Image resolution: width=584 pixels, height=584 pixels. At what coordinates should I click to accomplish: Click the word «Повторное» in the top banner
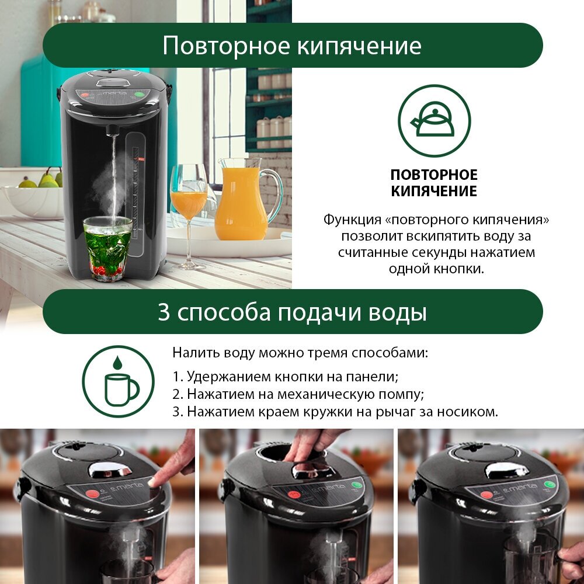click(x=226, y=46)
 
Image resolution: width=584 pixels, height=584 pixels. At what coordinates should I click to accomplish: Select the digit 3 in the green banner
click(x=164, y=312)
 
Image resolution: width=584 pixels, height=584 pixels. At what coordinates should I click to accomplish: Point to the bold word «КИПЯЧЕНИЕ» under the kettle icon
click(x=434, y=191)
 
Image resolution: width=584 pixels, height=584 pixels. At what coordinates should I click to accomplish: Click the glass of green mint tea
click(x=107, y=248)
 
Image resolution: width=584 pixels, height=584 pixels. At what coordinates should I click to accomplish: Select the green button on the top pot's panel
click(x=140, y=94)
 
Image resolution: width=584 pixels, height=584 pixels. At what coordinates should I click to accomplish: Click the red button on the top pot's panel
click(x=85, y=95)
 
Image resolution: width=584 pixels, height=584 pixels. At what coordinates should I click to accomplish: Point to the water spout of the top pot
click(x=113, y=130)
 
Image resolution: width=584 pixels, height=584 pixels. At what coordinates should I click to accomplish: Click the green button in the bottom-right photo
click(x=550, y=485)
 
